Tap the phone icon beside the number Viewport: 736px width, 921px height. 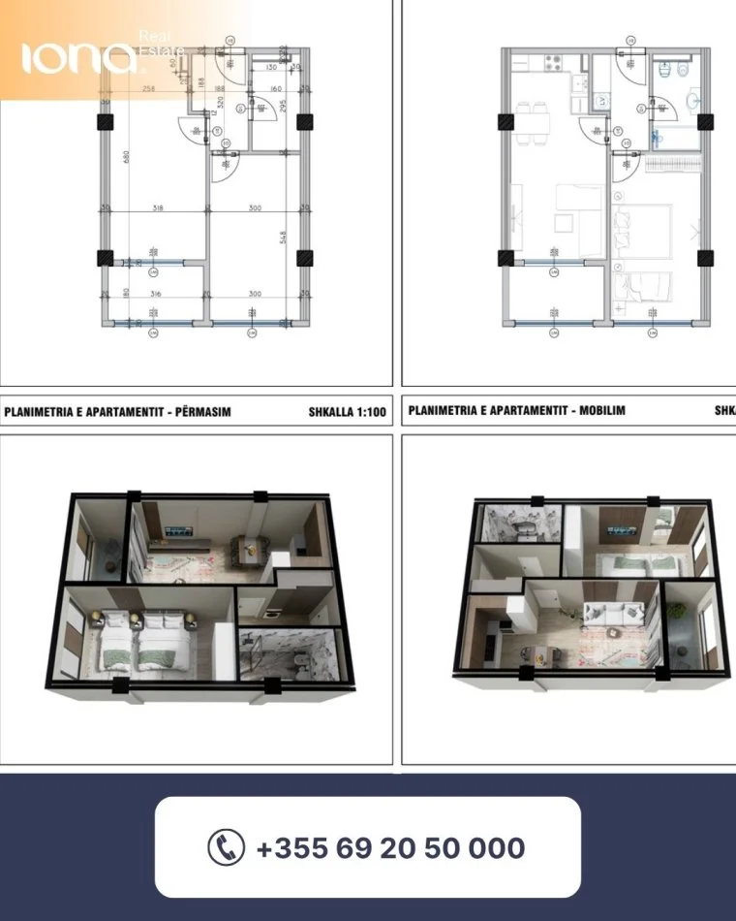(x=226, y=847)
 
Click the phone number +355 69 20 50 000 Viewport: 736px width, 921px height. (x=391, y=848)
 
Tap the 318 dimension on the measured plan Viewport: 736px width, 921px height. (x=155, y=206)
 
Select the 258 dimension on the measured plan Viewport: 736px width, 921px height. (x=148, y=89)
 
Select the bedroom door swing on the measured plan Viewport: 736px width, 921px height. (x=222, y=168)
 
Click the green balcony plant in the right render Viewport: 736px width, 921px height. (x=676, y=612)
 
